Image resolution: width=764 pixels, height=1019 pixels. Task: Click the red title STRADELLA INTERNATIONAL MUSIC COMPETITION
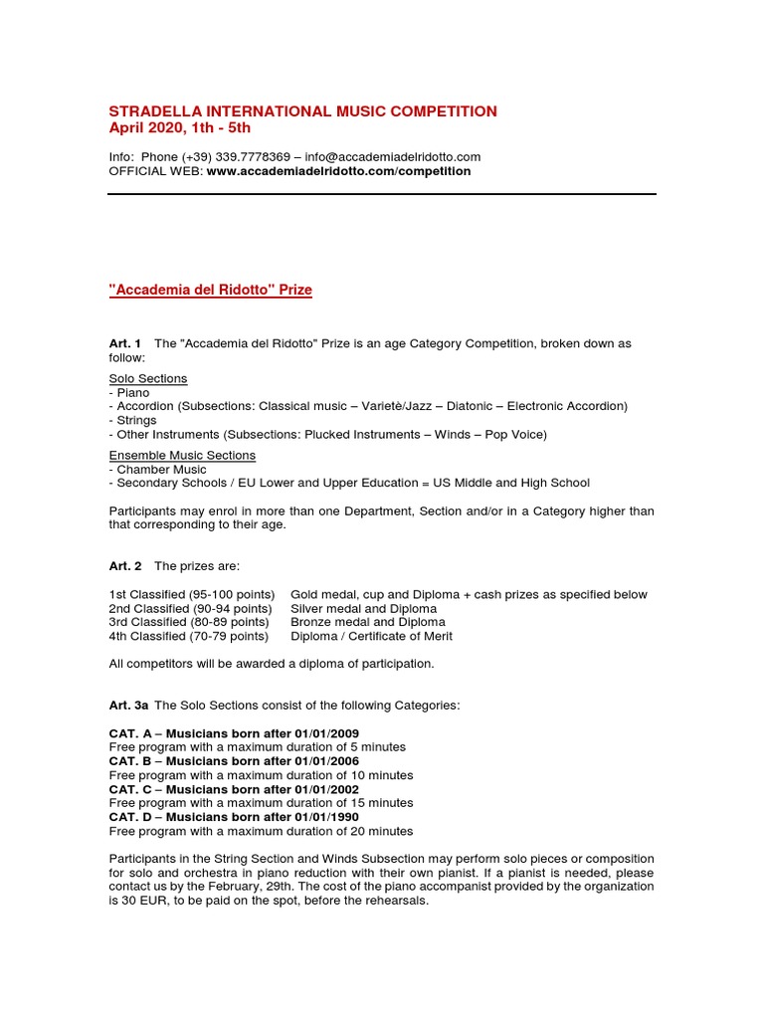click(302, 111)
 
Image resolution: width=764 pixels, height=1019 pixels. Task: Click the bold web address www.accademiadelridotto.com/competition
click(338, 171)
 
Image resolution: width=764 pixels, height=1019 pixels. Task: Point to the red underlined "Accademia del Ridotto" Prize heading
click(210, 290)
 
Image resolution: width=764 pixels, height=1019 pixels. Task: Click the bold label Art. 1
click(124, 343)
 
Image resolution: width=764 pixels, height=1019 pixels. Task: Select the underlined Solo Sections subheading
click(148, 379)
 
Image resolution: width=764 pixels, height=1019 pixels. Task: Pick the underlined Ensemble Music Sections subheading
click(182, 455)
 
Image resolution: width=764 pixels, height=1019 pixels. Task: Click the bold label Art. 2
click(124, 565)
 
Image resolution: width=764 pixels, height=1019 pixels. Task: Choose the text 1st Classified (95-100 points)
click(192, 595)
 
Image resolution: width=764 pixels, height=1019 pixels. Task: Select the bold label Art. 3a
click(128, 705)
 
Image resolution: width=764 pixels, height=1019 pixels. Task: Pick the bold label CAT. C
click(130, 789)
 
